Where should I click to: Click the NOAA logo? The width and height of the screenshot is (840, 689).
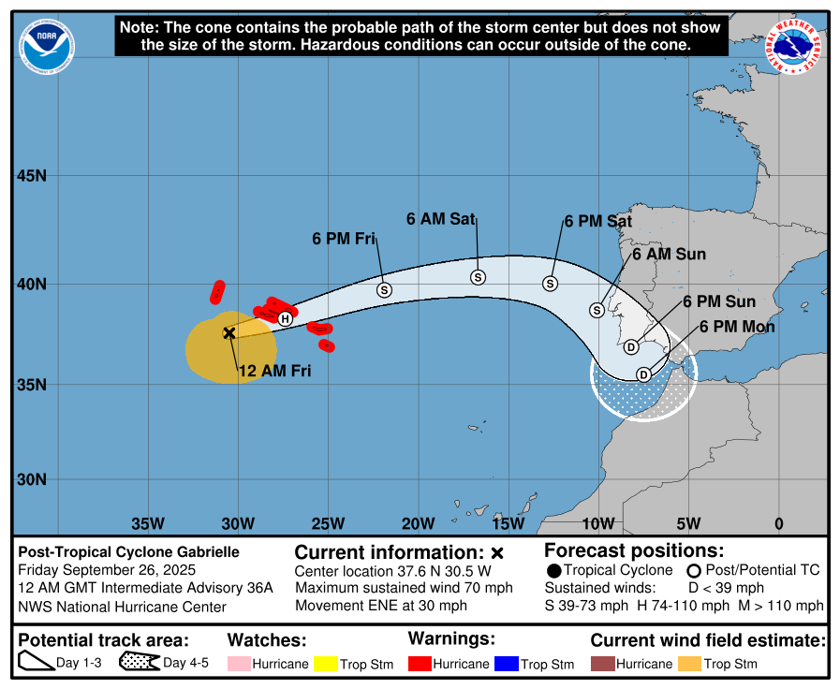(47, 45)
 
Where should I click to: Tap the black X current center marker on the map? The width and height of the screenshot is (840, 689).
(228, 332)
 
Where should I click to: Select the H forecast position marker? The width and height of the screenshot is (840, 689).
(286, 318)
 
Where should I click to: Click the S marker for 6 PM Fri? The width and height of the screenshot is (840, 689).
(384, 290)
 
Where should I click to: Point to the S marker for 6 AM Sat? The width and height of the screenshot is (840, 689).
(478, 277)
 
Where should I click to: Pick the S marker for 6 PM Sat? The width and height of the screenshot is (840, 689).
(551, 284)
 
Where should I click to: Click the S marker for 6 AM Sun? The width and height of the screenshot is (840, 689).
(597, 310)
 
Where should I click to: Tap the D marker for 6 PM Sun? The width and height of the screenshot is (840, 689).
(631, 347)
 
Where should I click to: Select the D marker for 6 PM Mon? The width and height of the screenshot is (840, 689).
(643, 374)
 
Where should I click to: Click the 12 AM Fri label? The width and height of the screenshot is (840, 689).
(273, 371)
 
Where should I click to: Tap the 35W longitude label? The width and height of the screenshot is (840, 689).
(148, 523)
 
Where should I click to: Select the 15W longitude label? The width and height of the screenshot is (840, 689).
(508, 523)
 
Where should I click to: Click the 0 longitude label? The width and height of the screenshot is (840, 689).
(779, 523)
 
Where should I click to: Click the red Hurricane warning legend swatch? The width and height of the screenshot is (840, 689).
(420, 664)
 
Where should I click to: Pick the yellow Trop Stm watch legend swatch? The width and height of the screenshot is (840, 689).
(325, 664)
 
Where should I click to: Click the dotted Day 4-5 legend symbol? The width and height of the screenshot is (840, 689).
(139, 663)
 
